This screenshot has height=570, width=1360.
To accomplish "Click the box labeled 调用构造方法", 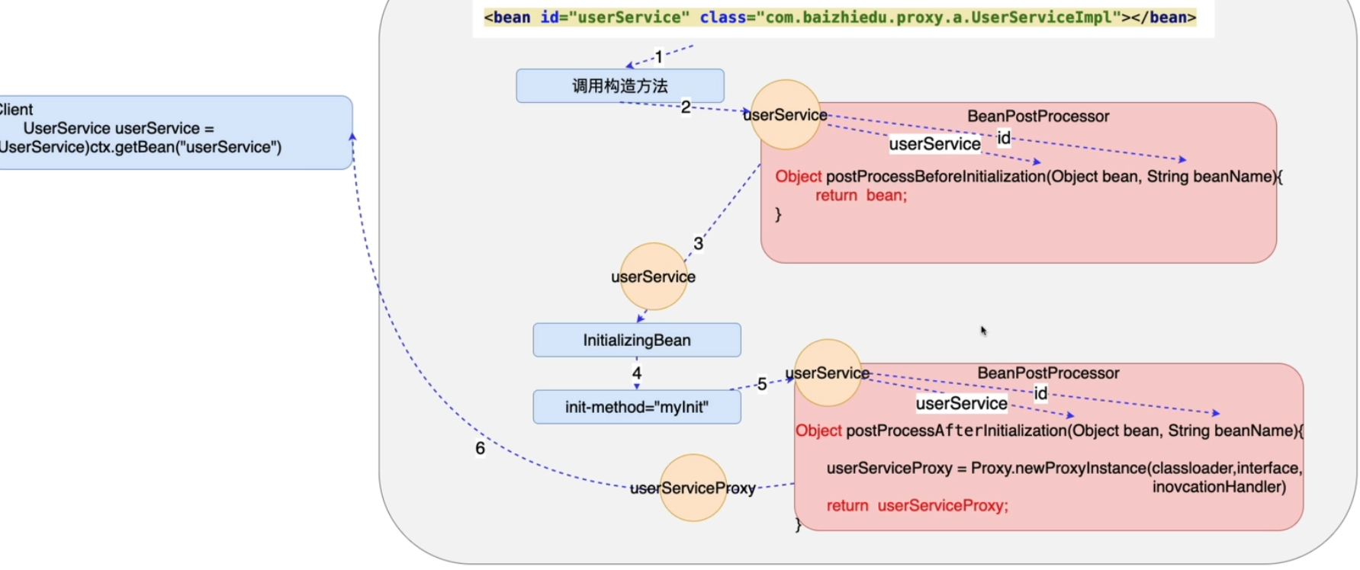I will point(619,86).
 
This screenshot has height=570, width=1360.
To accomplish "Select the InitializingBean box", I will point(636,340).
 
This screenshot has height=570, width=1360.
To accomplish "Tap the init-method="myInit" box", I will point(636,407).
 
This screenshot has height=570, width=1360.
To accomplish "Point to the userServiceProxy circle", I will point(693,488).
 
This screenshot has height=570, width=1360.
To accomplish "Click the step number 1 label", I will point(659,57).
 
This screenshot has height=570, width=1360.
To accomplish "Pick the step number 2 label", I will point(686,107).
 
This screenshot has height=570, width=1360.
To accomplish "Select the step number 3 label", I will point(698,244).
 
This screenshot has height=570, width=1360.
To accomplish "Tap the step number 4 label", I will point(636,373).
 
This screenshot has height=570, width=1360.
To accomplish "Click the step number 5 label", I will point(761,384).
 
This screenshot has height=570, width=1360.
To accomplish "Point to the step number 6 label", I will point(480,448).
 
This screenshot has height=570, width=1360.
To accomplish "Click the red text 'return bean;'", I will point(860,196).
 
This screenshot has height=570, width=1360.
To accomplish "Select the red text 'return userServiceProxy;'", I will point(917,506).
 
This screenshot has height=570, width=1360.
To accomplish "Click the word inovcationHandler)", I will point(1218,487).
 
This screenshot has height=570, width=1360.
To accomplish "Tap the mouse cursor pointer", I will point(983,331).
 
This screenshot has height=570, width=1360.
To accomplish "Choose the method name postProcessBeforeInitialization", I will point(935,177).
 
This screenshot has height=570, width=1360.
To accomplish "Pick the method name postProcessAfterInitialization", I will point(956,431).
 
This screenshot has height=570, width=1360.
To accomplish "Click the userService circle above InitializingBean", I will point(653,277).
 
